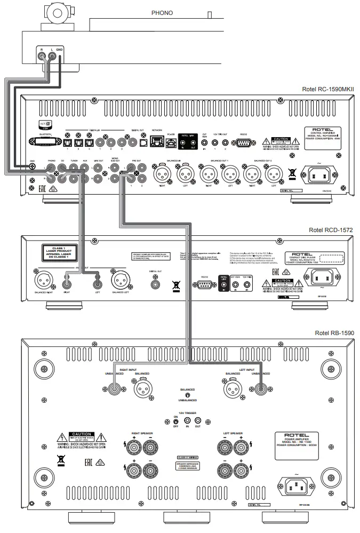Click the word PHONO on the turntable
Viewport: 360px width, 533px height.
click(x=162, y=13)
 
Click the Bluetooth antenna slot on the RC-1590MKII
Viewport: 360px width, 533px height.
click(x=47, y=142)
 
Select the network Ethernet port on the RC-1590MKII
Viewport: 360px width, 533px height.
click(x=156, y=142)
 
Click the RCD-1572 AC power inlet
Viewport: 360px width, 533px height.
click(x=323, y=276)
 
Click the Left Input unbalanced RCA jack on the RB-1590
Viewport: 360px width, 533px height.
click(x=260, y=388)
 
